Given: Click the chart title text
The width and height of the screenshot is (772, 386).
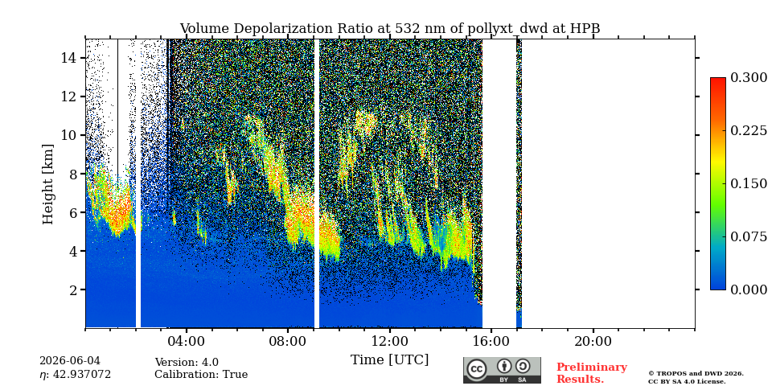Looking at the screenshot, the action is pyautogui.click(x=389, y=29).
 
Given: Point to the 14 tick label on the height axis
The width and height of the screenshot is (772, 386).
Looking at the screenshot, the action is pyautogui.click(x=69, y=58).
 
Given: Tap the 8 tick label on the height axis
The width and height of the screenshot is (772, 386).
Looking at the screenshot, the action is pyautogui.click(x=73, y=174).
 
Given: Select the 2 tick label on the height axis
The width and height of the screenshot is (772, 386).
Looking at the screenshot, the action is pyautogui.click(x=73, y=289).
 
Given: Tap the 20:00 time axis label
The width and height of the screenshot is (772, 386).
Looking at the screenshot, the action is pyautogui.click(x=593, y=341).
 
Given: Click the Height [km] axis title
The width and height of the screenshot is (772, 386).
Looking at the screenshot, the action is pyautogui.click(x=47, y=184).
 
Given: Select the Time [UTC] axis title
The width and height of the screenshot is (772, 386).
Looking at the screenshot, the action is pyautogui.click(x=389, y=360).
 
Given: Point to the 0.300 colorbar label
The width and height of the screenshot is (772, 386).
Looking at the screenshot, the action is pyautogui.click(x=749, y=78).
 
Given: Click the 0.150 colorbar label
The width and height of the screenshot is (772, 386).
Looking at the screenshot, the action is pyautogui.click(x=749, y=183).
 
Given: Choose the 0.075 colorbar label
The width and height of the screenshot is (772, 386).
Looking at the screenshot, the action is pyautogui.click(x=749, y=236).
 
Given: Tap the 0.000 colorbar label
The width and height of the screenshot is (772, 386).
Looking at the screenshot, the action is pyautogui.click(x=749, y=289).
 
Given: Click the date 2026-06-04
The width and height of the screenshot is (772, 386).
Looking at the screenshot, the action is pyautogui.click(x=70, y=361).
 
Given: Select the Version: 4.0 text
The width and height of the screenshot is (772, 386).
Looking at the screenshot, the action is pyautogui.click(x=187, y=363).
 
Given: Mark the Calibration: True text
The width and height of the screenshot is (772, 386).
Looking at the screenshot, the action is pyautogui.click(x=201, y=374).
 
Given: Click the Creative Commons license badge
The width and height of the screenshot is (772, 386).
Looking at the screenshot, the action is pyautogui.click(x=502, y=370).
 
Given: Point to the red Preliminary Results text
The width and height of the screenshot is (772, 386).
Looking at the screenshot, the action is pyautogui.click(x=592, y=373).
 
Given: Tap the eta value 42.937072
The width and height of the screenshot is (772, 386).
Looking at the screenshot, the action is pyautogui.click(x=76, y=375).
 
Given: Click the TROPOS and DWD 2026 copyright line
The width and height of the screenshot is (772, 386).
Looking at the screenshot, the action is pyautogui.click(x=696, y=374).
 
